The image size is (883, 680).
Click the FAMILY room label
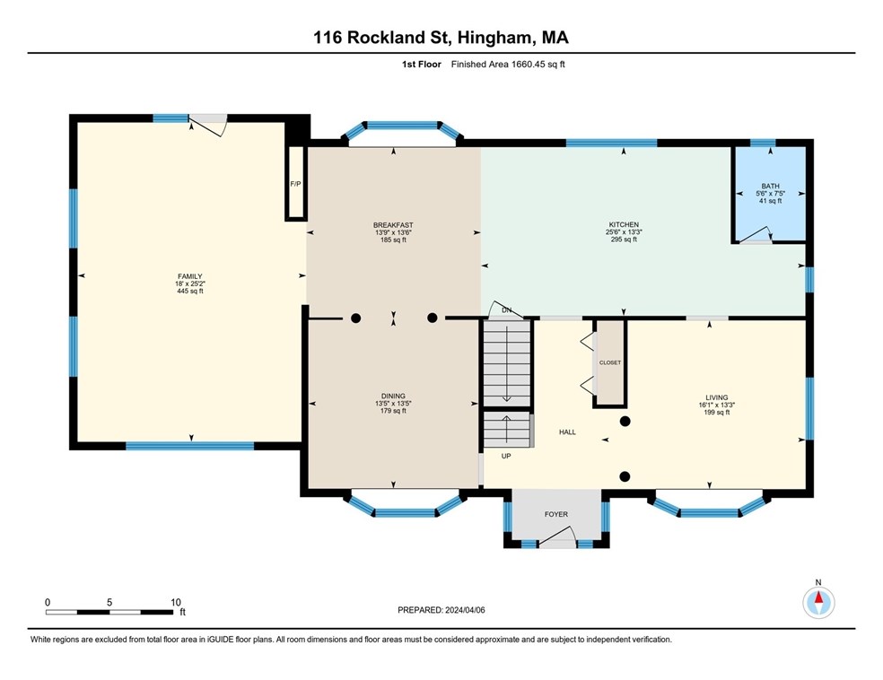(189, 276)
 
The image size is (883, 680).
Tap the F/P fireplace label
(295, 184)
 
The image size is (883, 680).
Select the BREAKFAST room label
(393, 225)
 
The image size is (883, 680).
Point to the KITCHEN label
(624, 224)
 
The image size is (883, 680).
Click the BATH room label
(770, 187)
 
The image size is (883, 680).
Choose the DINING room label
(393, 397)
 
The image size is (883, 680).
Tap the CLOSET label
(610, 362)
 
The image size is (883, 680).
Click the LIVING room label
(717, 397)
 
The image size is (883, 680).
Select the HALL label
(568, 432)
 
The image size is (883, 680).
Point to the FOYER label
(555, 514)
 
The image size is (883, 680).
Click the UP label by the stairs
(506, 456)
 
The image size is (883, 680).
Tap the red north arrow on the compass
(818, 597)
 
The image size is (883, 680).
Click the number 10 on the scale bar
(176, 602)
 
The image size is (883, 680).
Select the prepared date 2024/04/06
(465, 610)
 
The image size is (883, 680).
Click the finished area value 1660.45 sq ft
(538, 65)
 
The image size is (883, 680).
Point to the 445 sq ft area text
(189, 291)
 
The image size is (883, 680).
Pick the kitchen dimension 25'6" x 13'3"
(624, 232)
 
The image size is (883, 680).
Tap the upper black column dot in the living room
(625, 421)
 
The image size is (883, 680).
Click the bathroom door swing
(756, 236)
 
